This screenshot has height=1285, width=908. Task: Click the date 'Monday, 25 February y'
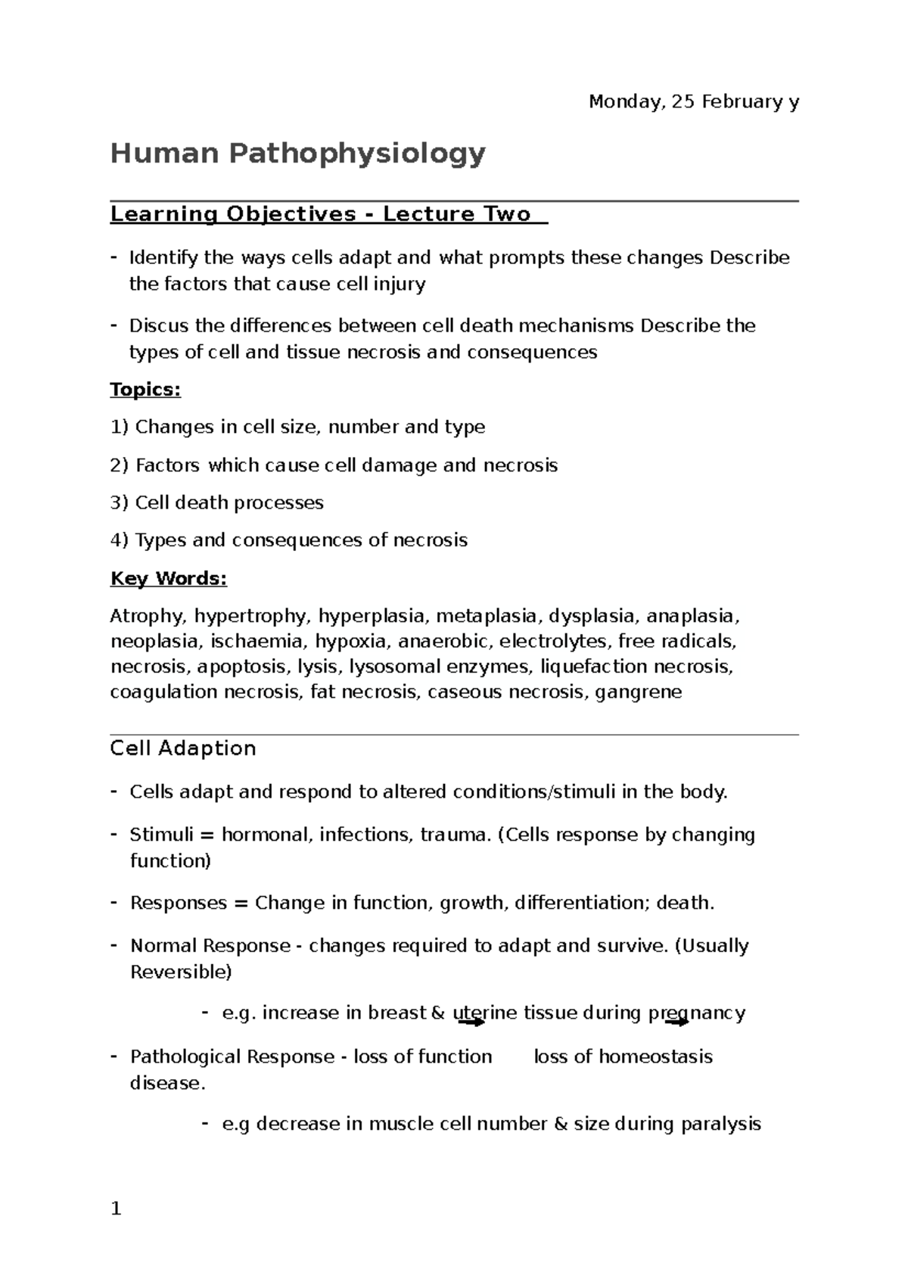(x=693, y=102)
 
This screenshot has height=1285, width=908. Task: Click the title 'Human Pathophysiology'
(x=297, y=154)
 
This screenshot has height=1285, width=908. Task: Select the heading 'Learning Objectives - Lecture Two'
(x=321, y=214)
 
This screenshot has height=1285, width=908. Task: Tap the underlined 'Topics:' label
(x=145, y=390)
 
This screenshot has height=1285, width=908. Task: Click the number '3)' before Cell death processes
(x=120, y=503)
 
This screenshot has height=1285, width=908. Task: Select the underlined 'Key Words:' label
(x=168, y=579)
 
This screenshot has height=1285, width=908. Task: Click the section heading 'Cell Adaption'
(x=183, y=748)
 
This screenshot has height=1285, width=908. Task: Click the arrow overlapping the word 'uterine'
(x=471, y=1022)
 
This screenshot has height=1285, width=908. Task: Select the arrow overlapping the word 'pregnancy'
(x=677, y=1022)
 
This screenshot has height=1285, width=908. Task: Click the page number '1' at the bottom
(x=116, y=1209)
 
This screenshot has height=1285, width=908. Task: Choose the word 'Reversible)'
(x=181, y=972)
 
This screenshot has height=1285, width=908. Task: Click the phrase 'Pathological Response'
(x=232, y=1056)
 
